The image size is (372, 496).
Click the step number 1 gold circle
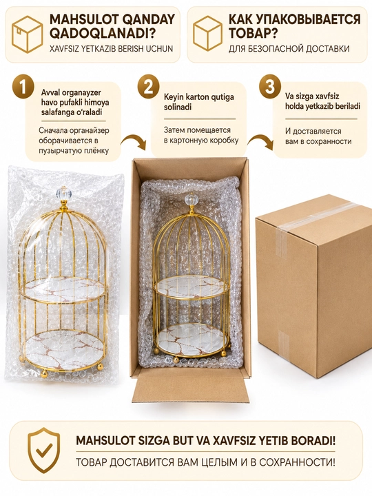click(x=23, y=87)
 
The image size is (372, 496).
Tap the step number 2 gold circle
click(x=148, y=87)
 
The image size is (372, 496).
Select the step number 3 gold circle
click(x=270, y=87)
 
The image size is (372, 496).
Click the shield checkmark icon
click(x=44, y=451)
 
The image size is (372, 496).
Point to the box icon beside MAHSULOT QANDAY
click(x=27, y=34)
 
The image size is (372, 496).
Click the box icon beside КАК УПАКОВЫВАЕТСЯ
click(x=208, y=34)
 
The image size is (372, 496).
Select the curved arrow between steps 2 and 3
click(x=260, y=142)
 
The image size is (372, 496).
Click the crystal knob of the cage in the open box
click(x=192, y=199)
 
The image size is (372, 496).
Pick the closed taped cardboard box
click(x=314, y=281)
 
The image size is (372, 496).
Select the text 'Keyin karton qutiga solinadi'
click(x=199, y=102)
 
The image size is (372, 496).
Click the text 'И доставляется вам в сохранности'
click(x=318, y=136)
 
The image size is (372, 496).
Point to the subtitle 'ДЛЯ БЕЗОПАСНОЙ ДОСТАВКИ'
click(x=289, y=49)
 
